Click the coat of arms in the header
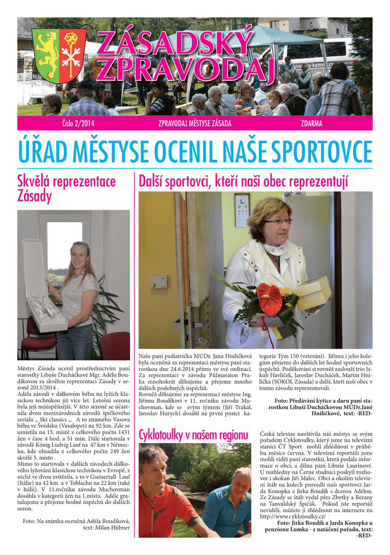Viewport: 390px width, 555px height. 51,56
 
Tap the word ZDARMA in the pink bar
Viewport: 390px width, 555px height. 311,124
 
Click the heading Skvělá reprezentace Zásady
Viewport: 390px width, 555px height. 67,189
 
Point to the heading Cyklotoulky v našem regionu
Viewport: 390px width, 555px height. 193,435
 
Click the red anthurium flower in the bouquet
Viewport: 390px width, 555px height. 270,299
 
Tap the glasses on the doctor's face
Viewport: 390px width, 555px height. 277,222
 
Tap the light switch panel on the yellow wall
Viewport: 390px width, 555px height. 159,281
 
